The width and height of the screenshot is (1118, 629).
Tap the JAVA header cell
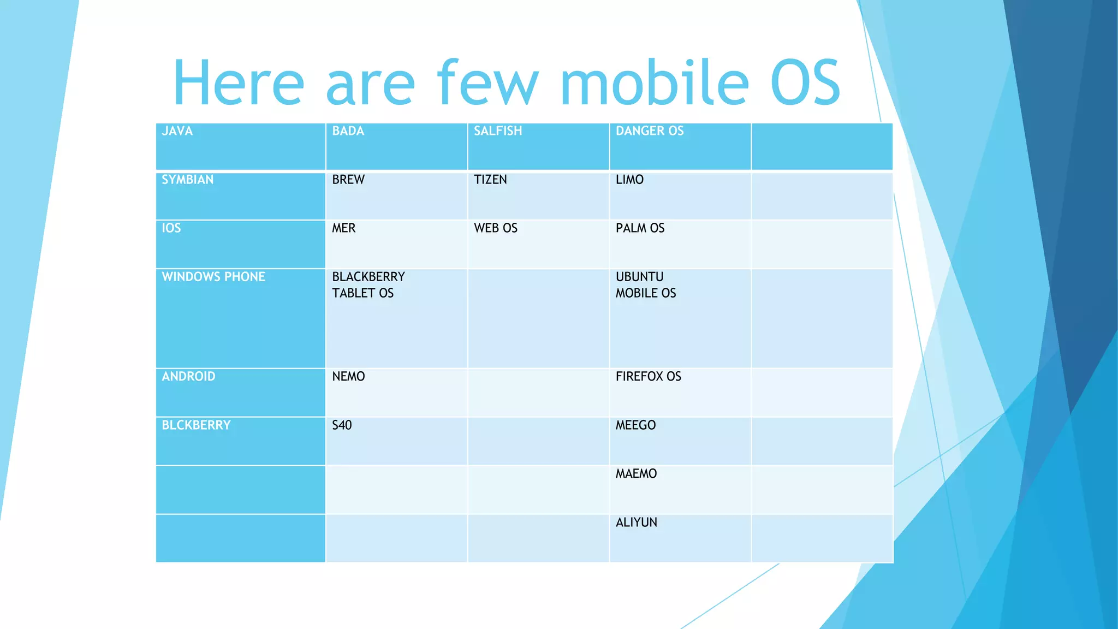click(177, 131)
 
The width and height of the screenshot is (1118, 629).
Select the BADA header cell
click(348, 131)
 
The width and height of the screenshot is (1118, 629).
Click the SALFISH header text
click(498, 131)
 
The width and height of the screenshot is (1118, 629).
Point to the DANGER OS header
click(650, 131)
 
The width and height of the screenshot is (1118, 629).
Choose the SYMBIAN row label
click(188, 180)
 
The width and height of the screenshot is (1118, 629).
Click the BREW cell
click(348, 180)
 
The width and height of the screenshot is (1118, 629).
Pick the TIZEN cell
click(490, 180)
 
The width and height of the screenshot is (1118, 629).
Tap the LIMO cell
click(629, 180)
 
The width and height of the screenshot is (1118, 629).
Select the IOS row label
click(171, 228)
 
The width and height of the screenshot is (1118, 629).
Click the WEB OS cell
click(496, 228)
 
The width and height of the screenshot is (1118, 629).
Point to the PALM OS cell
click(640, 228)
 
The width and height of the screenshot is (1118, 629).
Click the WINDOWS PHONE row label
click(213, 277)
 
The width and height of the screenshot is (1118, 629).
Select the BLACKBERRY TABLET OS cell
click(368, 285)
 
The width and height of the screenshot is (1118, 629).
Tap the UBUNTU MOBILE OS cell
click(646, 285)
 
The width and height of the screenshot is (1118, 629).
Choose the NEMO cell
click(348, 377)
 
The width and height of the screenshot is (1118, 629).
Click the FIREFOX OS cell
click(649, 377)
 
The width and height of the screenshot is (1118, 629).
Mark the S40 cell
click(342, 425)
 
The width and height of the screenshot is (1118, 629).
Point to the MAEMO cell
click(636, 474)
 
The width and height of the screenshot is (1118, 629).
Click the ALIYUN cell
click(636, 523)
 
